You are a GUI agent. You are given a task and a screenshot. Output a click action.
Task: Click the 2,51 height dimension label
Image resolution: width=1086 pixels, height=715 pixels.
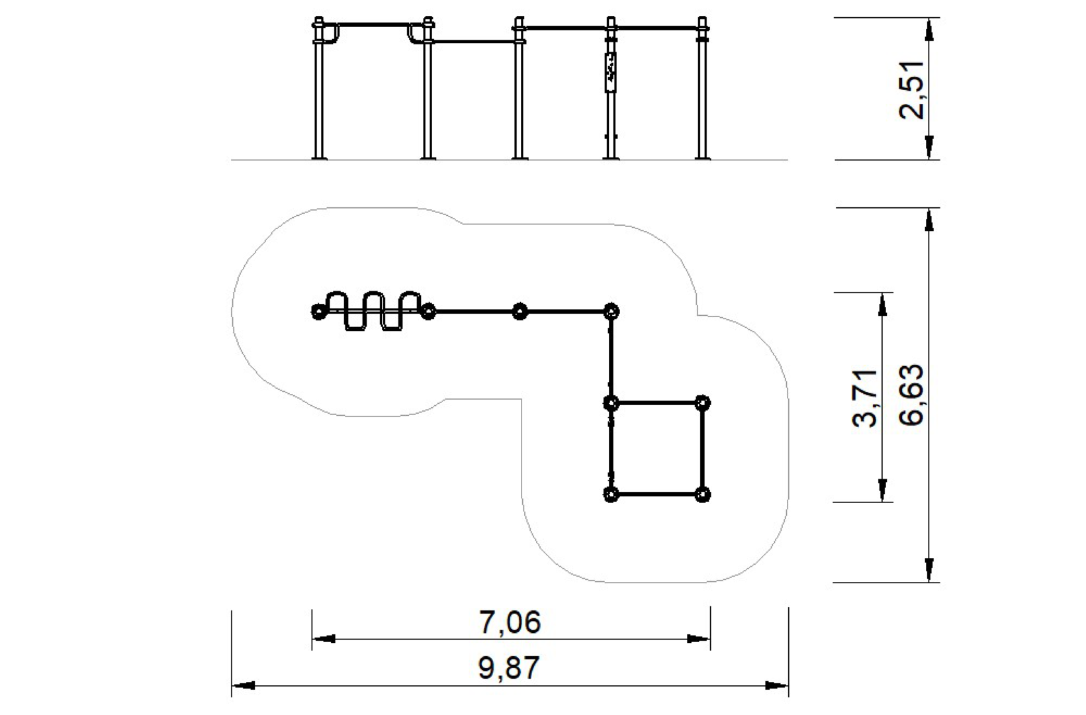point(911,89)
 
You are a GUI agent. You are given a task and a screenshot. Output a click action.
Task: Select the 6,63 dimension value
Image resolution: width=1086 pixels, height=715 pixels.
point(912,395)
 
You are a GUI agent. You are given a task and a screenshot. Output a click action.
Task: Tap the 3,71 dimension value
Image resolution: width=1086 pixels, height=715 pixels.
point(866,398)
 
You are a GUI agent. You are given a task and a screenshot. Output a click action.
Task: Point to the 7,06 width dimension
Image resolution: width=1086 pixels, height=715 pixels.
point(510,622)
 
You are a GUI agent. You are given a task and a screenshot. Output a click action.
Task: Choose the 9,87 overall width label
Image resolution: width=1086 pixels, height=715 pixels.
point(510,667)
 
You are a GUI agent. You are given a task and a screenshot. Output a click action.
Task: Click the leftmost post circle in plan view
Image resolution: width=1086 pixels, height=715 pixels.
point(318,310)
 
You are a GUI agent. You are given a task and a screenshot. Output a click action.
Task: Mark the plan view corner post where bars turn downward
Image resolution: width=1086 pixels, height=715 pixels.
point(611,310)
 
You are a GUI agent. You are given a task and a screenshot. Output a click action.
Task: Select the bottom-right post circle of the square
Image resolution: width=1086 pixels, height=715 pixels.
point(703,494)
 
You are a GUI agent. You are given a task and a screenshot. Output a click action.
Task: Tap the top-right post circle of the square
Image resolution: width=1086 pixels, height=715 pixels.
point(703,403)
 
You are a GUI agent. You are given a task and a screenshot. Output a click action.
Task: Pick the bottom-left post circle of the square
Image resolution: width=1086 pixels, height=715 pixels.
point(611,494)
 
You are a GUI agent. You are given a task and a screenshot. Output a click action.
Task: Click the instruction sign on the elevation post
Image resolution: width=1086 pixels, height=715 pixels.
point(610,72)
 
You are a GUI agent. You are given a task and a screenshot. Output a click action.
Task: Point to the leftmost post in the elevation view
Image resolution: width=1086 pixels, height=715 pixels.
point(319,93)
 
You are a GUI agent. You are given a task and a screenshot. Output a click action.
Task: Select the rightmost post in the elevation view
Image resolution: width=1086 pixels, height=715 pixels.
point(702,93)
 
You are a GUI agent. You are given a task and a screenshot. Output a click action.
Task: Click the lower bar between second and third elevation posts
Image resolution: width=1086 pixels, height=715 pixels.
point(473,41)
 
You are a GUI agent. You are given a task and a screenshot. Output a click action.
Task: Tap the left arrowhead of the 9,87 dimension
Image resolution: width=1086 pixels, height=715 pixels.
point(242,685)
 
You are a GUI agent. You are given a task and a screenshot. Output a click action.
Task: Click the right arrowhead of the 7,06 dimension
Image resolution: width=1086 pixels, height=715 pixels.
point(699,639)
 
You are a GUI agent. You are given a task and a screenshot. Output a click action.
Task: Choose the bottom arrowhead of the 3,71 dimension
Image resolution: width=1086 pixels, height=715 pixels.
point(882,491)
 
